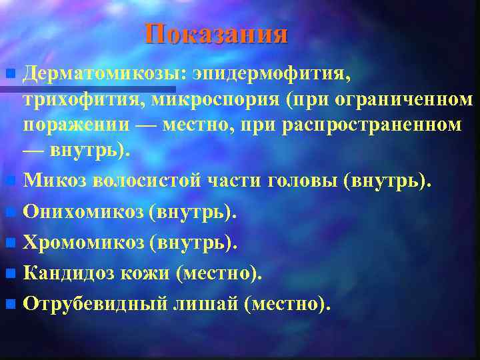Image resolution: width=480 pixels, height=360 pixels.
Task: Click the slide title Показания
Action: (x=217, y=34)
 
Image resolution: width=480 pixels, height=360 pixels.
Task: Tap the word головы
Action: (x=305, y=179)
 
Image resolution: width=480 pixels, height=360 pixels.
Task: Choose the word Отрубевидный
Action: (x=97, y=305)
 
